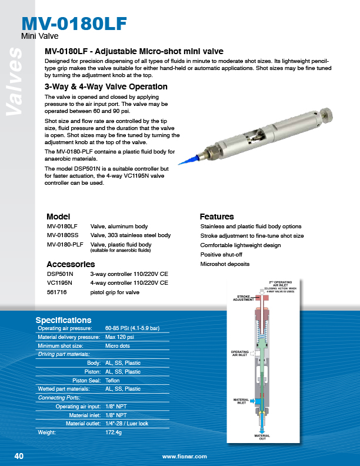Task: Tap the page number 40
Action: pyautogui.click(x=19, y=456)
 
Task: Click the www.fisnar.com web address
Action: pyautogui.click(x=184, y=457)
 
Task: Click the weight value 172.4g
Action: pyautogui.click(x=113, y=432)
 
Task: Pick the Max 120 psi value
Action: pyautogui.click(x=119, y=337)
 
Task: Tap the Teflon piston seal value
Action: pyautogui.click(x=113, y=380)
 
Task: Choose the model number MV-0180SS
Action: pyautogui.click(x=62, y=235)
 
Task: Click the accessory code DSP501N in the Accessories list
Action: pyautogui.click(x=61, y=274)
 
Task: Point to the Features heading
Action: pyautogui.click(x=216, y=217)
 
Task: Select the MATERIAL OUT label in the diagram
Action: pyautogui.click(x=262, y=437)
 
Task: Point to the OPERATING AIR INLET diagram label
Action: pyautogui.click(x=240, y=354)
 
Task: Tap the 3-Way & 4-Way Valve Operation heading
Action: pyautogui.click(x=106, y=86)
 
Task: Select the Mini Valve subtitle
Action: pyautogui.click(x=39, y=36)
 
